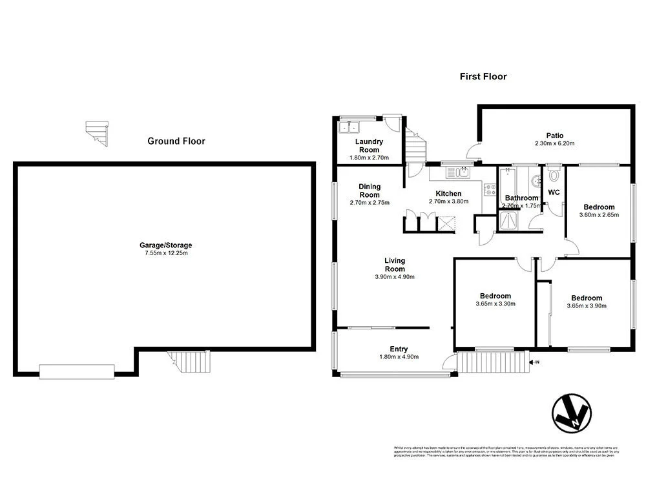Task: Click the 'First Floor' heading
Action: tap(483, 76)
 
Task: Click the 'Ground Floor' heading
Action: tap(176, 141)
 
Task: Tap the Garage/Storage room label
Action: tap(166, 245)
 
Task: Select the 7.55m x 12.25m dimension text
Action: tap(166, 253)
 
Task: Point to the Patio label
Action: tap(554, 136)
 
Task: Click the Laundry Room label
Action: tap(370, 145)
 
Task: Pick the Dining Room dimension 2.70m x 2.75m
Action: tap(370, 203)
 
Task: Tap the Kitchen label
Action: tap(448, 194)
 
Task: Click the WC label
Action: tap(554, 192)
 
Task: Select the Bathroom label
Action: tap(521, 198)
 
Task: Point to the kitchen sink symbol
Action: tap(462, 171)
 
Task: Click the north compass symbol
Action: tap(572, 413)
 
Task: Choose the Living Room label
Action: tap(394, 265)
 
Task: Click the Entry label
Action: tap(399, 349)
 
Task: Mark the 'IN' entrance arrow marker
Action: tap(534, 362)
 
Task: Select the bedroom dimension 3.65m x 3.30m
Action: tap(495, 304)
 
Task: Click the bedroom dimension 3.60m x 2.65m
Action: tap(599, 214)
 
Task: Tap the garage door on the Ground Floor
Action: tap(76, 371)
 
